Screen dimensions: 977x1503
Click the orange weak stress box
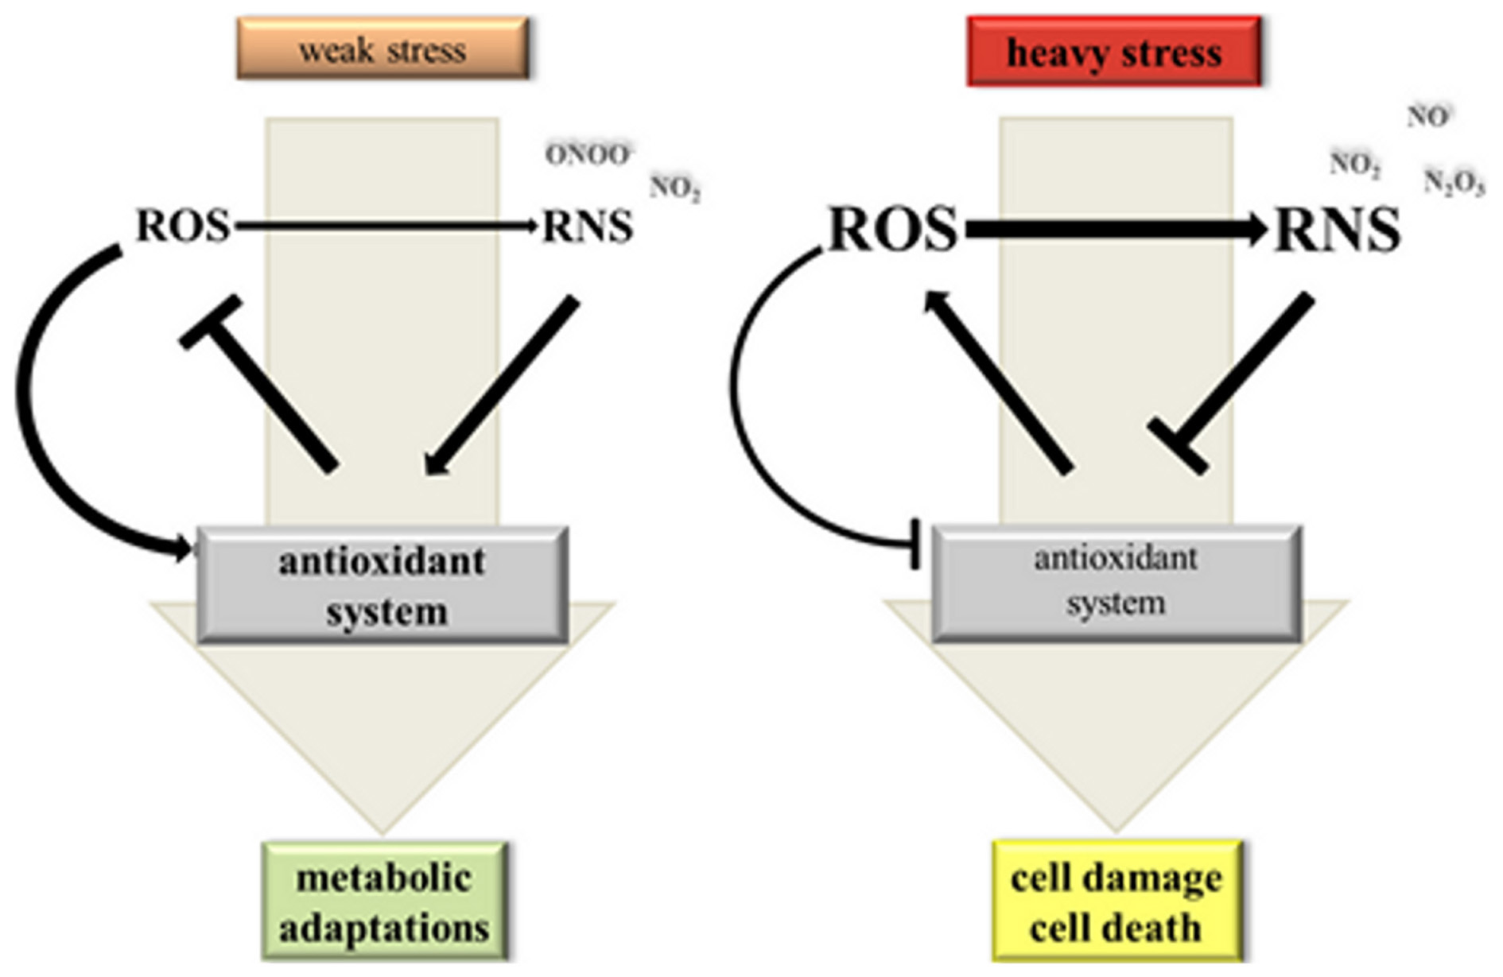click(x=383, y=49)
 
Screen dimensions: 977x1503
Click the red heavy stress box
click(x=1113, y=52)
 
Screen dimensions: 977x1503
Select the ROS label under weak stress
click(x=183, y=226)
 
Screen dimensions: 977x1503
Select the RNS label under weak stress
click(x=587, y=227)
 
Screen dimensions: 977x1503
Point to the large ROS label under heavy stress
click(x=892, y=230)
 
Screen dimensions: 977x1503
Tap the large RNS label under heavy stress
click(x=1337, y=231)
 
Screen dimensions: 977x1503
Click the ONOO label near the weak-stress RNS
click(x=588, y=155)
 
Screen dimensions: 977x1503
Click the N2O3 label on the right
click(x=1454, y=184)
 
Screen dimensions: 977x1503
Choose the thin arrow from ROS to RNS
click(x=386, y=227)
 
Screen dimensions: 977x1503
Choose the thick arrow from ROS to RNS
click(x=1113, y=231)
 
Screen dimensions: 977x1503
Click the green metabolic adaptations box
click(x=384, y=902)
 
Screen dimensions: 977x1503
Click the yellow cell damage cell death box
click(x=1116, y=902)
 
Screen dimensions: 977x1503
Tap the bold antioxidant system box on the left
click(x=383, y=585)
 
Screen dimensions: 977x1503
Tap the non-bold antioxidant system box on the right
click(x=1116, y=583)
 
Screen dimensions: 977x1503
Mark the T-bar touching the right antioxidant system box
click(x=915, y=545)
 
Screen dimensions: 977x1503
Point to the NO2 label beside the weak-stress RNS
click(x=675, y=188)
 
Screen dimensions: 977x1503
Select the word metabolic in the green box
click(x=384, y=878)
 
